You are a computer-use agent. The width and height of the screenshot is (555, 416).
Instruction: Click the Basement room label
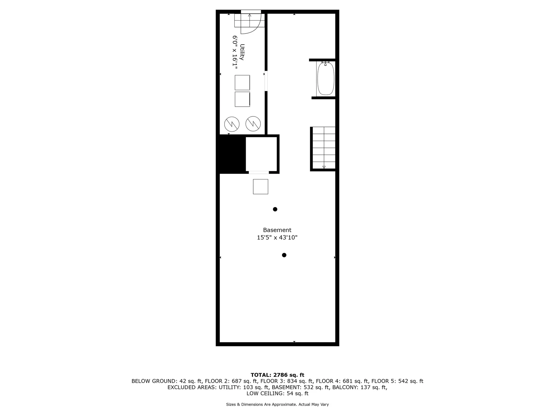point(277,230)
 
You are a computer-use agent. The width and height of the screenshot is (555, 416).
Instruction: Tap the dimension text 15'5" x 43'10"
point(277,237)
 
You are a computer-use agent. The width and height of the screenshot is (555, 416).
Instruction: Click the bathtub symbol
point(326,78)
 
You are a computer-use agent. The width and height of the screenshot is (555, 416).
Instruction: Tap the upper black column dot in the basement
point(275,209)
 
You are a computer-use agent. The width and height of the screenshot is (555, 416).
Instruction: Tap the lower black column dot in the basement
point(284,255)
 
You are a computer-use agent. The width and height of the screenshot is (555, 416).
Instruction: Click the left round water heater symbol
point(232,124)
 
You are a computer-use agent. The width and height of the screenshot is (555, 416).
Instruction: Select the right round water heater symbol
point(253,124)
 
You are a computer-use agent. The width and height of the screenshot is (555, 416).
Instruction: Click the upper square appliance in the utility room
point(242,83)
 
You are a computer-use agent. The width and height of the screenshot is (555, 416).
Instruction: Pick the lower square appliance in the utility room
point(242,99)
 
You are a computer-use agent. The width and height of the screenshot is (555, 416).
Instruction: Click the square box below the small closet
point(260,187)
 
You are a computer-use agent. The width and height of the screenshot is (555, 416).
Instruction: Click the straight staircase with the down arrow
point(324,148)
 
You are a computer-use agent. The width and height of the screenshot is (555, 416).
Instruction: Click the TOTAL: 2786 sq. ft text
point(277,375)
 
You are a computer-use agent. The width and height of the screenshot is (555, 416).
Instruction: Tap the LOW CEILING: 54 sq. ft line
point(277,393)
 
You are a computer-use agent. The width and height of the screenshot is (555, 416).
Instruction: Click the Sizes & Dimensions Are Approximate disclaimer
point(277,404)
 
